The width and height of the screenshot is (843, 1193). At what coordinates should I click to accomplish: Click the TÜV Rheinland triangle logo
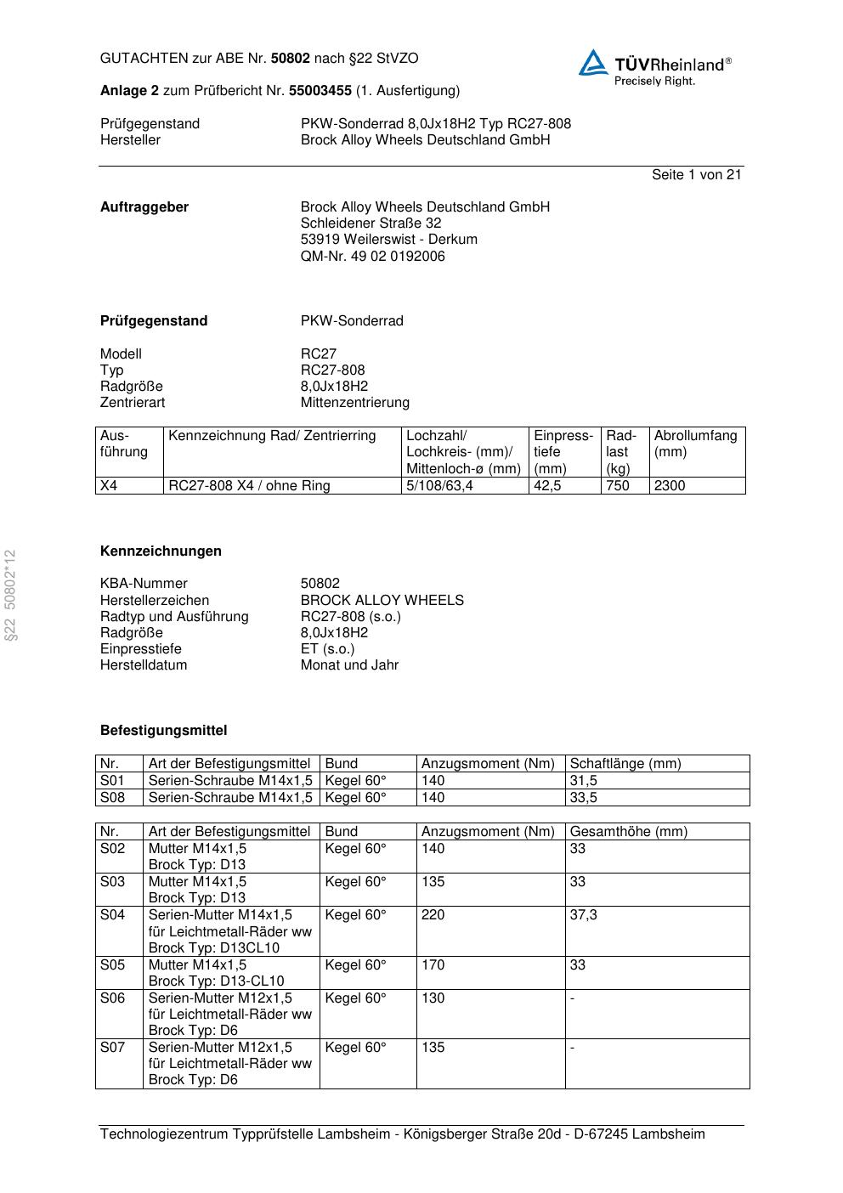click(x=593, y=63)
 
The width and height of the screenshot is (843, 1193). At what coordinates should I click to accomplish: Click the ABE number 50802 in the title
click(x=290, y=59)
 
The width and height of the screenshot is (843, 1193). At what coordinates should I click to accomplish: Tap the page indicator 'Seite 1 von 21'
click(x=696, y=174)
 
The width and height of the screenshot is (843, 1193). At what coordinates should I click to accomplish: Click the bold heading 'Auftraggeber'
click(x=144, y=206)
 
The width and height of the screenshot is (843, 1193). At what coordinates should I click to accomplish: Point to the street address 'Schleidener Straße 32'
click(x=371, y=223)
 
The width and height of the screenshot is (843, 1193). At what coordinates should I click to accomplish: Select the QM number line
click(x=372, y=256)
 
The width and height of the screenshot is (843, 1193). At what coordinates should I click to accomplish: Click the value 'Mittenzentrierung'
click(x=354, y=402)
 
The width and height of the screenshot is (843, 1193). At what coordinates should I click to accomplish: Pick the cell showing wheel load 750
click(x=617, y=485)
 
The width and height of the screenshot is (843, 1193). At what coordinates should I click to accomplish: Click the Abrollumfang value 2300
click(x=669, y=485)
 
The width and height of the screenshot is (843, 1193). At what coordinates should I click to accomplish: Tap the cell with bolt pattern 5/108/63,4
click(x=439, y=485)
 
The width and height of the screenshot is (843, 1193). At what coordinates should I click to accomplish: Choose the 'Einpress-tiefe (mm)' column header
click(x=563, y=451)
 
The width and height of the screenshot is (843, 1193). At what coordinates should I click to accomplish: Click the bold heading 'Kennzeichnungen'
click(x=161, y=551)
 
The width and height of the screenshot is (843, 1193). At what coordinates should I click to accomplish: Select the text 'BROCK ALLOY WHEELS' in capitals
click(x=382, y=600)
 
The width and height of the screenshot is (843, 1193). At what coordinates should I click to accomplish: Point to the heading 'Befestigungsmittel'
click(x=163, y=730)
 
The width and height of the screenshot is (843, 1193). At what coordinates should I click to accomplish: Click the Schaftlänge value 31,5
click(x=583, y=780)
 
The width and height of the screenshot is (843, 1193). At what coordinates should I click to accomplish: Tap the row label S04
click(x=112, y=914)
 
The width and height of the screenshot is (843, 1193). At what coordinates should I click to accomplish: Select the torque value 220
click(x=433, y=914)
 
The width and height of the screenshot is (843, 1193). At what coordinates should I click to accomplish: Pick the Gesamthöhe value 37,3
click(x=583, y=914)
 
